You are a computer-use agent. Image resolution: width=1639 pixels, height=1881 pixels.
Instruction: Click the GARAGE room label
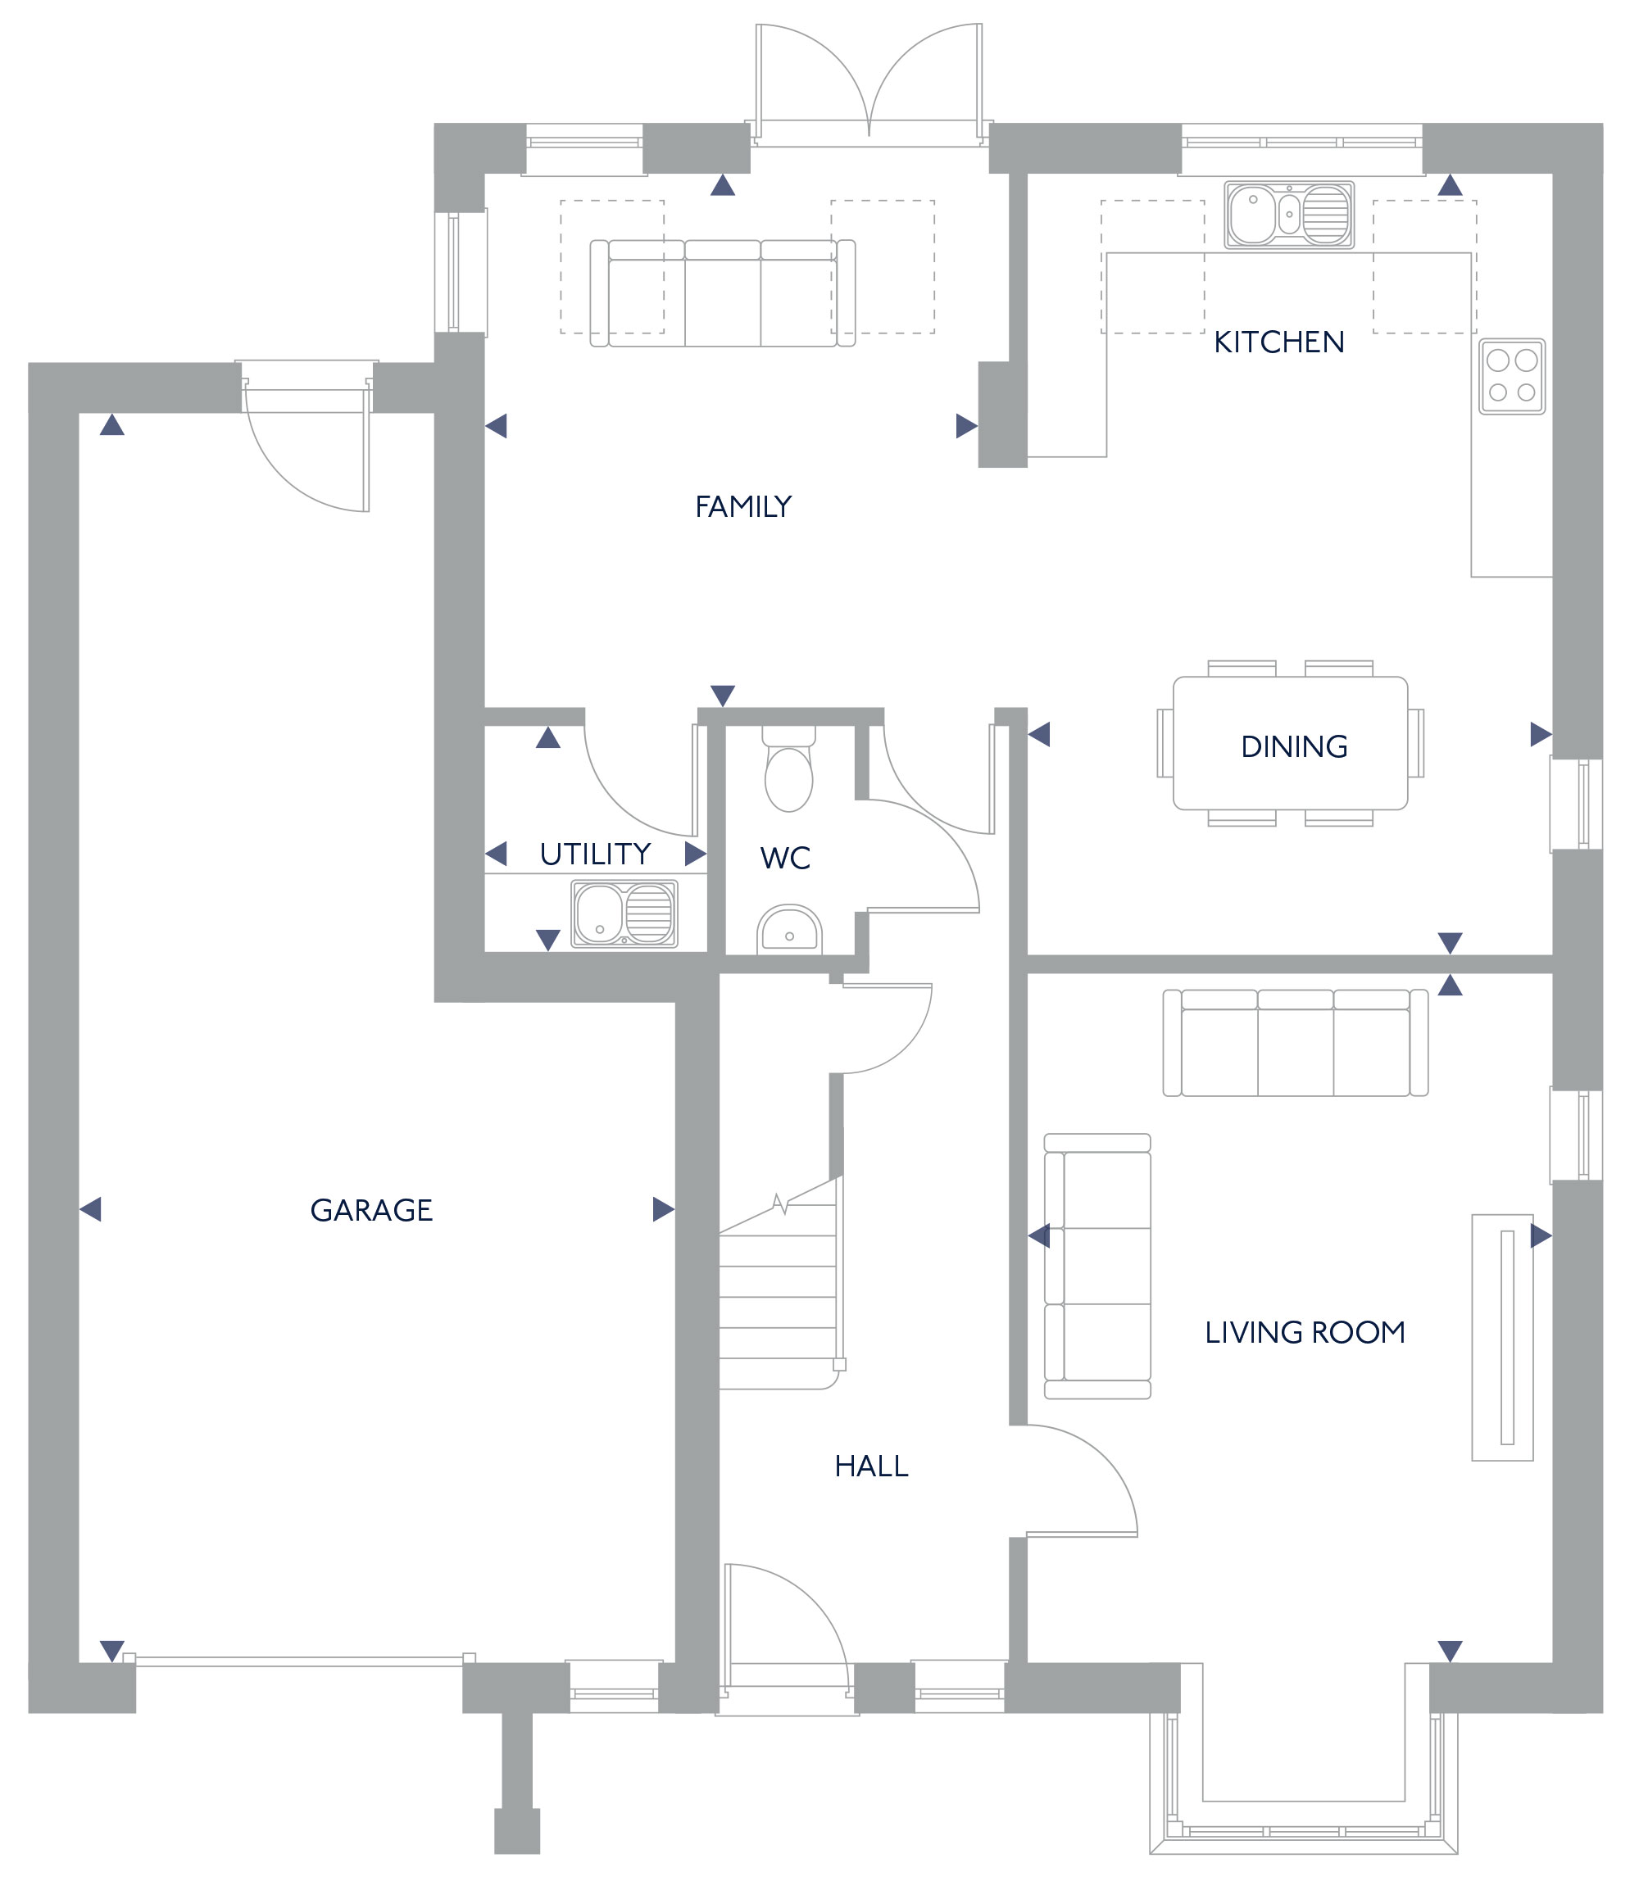371,1210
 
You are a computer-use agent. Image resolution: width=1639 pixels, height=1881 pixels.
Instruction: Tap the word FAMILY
742,506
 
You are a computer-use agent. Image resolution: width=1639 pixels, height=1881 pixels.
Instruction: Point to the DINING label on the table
1294,746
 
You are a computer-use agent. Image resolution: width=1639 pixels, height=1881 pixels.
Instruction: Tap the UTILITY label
596,854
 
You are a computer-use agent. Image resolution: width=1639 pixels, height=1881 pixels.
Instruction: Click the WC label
785,858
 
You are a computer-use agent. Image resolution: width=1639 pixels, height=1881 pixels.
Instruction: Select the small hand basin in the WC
789,930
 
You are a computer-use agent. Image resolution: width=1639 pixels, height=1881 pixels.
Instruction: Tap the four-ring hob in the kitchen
1512,377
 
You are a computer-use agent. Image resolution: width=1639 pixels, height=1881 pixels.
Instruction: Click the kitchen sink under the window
1289,215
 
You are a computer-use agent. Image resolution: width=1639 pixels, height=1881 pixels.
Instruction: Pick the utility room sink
624,913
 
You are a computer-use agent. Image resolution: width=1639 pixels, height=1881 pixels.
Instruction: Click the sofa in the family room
723,292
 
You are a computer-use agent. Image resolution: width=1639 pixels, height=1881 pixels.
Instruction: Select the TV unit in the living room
1502,1338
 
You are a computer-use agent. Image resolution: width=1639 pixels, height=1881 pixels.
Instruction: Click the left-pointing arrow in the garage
89,1210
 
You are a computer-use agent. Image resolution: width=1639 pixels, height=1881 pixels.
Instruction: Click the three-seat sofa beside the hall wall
1097,1267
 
